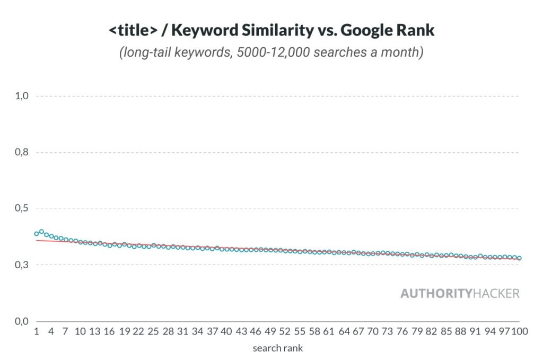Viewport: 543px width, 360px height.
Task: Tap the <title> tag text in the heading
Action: pos(132,30)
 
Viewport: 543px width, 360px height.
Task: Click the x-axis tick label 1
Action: pos(37,332)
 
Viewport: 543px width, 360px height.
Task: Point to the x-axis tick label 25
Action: pos(153,332)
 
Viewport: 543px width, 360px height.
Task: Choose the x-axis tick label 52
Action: pos(285,332)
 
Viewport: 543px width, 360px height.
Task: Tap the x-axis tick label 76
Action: pos(402,332)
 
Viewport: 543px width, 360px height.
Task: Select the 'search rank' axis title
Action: pos(277,348)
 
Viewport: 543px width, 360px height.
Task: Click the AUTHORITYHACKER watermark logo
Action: pos(460,293)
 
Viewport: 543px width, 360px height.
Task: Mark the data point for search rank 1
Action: pos(37,234)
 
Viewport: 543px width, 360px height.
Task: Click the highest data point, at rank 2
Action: pos(41,232)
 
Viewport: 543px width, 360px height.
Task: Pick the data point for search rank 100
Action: pos(519,258)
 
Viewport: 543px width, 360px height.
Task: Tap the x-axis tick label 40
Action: pos(226,332)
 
